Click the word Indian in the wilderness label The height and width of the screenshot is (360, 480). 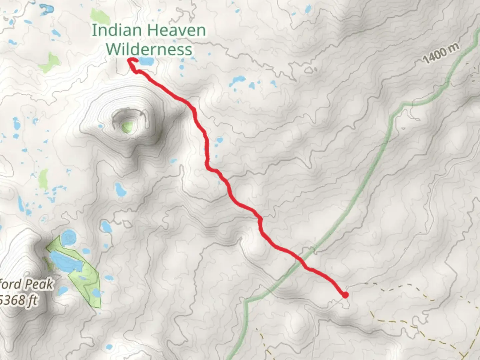pos(113,31)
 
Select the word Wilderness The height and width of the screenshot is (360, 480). pos(149,50)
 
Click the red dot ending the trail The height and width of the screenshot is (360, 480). pos(345,295)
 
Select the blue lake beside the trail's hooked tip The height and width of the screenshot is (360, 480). pos(146,61)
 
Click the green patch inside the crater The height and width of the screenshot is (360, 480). pos(127,127)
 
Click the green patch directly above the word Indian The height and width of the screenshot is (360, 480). pos(98,15)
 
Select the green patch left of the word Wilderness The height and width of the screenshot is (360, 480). pos(50,62)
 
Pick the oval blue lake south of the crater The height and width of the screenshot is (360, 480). pos(120,189)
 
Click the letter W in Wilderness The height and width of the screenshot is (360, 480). pos(113,50)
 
